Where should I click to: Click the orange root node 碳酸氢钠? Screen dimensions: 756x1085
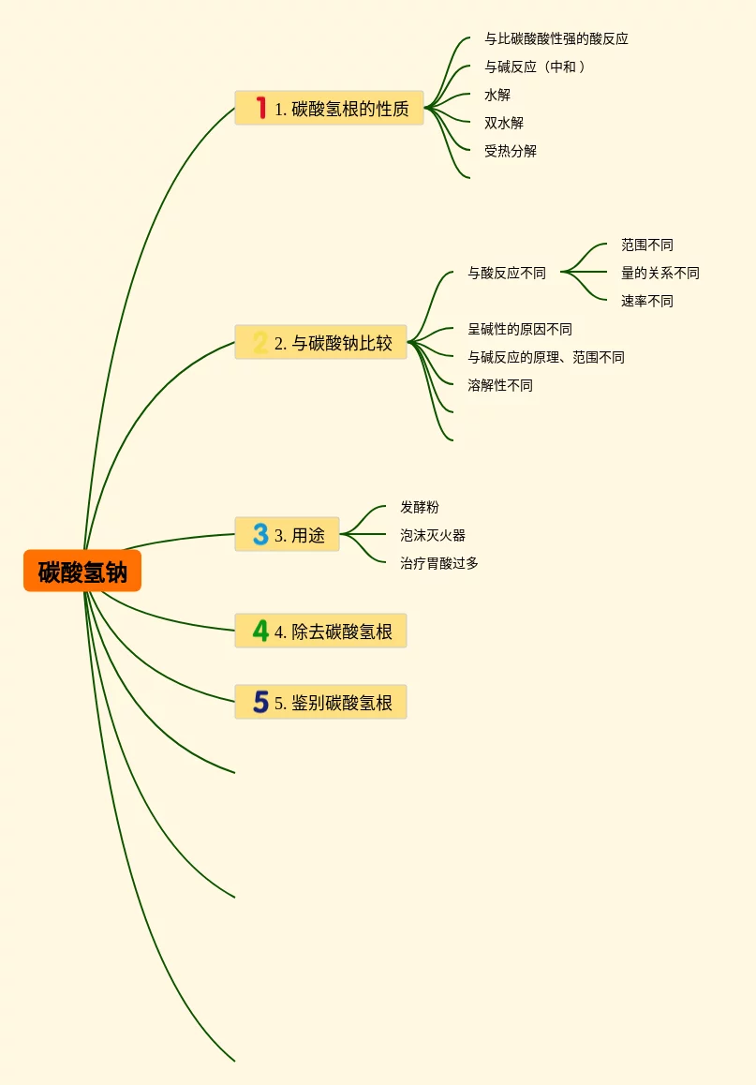click(x=82, y=572)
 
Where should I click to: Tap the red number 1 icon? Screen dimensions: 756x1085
click(x=260, y=109)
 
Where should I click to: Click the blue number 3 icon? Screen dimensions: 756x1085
click(x=260, y=535)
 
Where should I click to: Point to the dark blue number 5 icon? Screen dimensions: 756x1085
click(x=260, y=703)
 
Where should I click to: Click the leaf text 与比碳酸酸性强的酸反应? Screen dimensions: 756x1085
click(x=556, y=39)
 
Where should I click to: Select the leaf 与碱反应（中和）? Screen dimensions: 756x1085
click(x=535, y=67)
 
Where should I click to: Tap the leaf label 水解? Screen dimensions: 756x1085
click(x=497, y=96)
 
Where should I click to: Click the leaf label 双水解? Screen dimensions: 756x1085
click(x=504, y=124)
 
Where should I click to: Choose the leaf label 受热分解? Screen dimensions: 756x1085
click(x=511, y=152)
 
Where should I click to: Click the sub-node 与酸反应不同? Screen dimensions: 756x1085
click(x=507, y=274)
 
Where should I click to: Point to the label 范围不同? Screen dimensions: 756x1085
click(x=646, y=245)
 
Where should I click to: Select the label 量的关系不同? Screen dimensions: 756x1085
click(x=660, y=274)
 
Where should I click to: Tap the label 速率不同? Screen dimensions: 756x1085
click(x=646, y=302)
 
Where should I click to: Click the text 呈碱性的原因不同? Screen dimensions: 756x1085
click(x=520, y=330)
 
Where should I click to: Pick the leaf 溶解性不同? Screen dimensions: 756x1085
click(x=500, y=386)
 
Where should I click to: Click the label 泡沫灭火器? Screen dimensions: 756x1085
click(x=433, y=536)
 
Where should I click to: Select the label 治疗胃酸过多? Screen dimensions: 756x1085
click(x=439, y=564)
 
